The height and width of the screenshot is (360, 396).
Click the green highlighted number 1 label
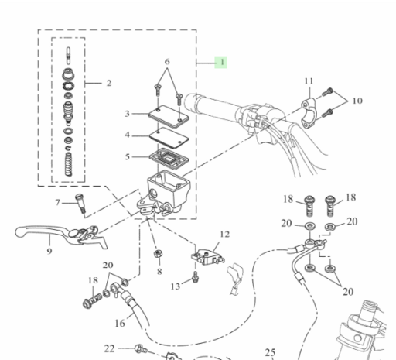220,63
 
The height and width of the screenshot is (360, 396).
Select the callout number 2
109,83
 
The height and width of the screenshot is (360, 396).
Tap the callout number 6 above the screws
167,62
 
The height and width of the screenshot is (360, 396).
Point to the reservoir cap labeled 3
169,116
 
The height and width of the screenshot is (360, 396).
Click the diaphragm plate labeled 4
169,138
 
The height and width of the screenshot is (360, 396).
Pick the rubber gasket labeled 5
169,157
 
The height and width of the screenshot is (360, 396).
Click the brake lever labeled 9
61,235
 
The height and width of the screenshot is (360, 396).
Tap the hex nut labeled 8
158,254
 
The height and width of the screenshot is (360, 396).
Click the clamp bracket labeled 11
308,113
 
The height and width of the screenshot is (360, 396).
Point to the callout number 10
357,101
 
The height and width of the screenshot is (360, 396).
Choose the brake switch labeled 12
207,257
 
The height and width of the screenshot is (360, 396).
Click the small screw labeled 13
196,277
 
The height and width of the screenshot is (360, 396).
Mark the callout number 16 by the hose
120,323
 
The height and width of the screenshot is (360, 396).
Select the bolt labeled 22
141,349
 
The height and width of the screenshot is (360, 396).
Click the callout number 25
270,352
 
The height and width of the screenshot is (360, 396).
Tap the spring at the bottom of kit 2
68,164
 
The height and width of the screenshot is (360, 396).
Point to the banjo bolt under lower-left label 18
92,301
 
